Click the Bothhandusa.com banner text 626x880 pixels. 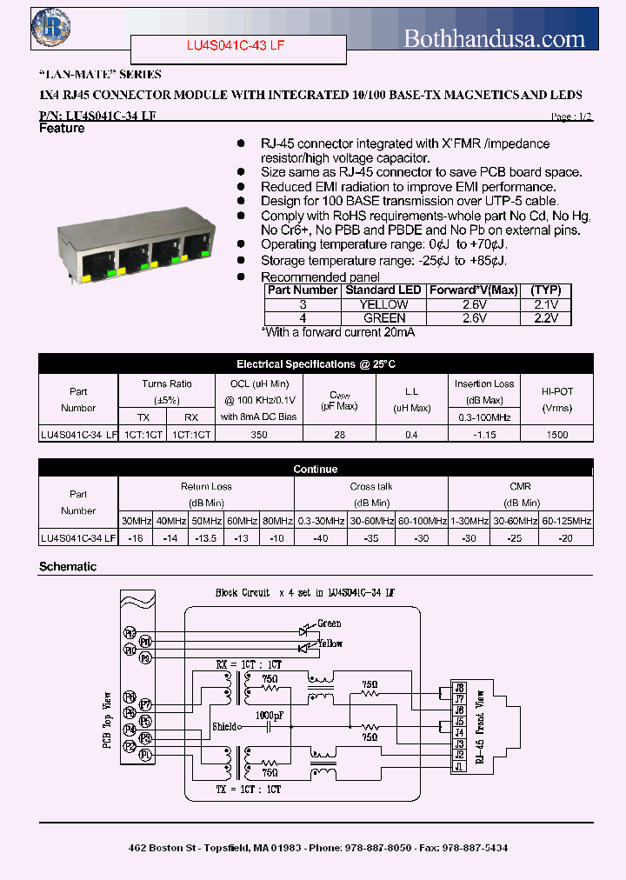point(495,38)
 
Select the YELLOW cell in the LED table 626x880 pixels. point(383,304)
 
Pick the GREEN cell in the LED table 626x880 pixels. point(383,318)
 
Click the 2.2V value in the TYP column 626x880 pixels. point(546,318)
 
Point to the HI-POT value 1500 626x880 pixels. point(557,435)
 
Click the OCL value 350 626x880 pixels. point(258,435)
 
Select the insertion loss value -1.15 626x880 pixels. point(484,435)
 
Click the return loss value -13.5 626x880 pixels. point(205,538)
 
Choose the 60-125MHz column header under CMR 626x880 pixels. point(567,521)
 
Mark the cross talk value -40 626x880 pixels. point(322,538)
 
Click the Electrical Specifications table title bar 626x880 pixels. point(316,364)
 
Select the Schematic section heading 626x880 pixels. point(68,567)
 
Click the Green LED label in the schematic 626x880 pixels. point(330,623)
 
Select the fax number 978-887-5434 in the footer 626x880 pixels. point(474,847)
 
